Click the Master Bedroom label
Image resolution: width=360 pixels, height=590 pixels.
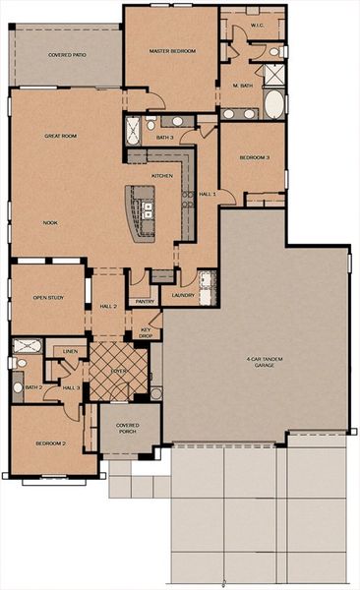coord(169,50)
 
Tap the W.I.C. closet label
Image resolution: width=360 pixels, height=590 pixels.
coord(256,26)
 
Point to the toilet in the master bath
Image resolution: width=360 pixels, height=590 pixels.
coord(275,51)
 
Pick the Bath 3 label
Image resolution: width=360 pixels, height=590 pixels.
coord(164,138)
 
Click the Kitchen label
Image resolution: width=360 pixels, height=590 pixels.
coord(162,176)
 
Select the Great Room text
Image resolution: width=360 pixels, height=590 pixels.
coord(60,136)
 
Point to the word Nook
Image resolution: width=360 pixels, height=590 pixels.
coord(49,222)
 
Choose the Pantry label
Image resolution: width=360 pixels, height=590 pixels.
coord(144,302)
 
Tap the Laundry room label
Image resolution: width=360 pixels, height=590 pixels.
coord(180,295)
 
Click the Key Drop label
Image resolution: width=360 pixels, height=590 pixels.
coord(146,332)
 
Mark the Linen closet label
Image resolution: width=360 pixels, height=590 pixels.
coord(70,350)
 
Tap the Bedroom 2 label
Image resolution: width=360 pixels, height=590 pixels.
coord(50,443)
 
